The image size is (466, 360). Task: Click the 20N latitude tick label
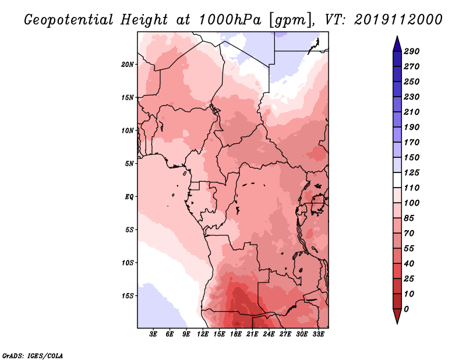(x=128, y=64)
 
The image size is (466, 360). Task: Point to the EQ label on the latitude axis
(x=129, y=196)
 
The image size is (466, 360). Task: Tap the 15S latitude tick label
(x=128, y=295)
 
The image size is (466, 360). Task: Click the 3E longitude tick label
(x=154, y=335)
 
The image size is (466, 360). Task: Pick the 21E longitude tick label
(x=252, y=335)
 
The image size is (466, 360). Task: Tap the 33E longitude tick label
(x=317, y=335)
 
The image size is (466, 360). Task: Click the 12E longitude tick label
(x=203, y=335)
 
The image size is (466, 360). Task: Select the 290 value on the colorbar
(x=411, y=51)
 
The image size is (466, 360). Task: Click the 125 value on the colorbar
(x=411, y=172)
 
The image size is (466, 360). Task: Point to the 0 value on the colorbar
(x=406, y=309)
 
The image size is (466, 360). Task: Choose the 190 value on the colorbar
(x=411, y=127)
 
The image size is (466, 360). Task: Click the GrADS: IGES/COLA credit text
(x=33, y=355)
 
